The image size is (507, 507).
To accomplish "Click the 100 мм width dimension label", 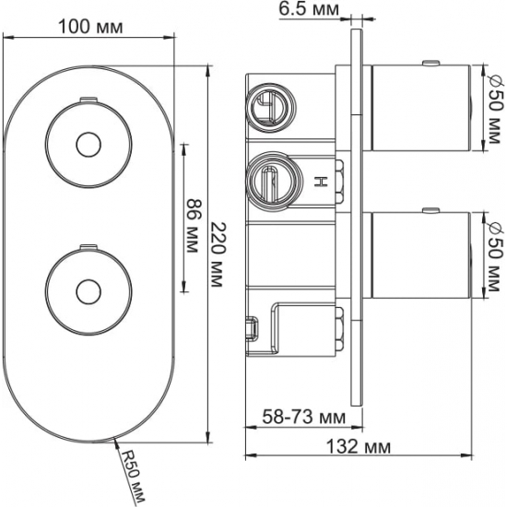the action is coord(90,27).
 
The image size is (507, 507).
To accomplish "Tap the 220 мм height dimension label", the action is coord(217,254).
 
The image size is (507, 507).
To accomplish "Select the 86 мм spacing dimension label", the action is coord(193,227).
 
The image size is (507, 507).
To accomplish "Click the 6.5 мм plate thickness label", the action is coord(309,8).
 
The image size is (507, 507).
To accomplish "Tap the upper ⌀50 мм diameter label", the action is coord(495,109).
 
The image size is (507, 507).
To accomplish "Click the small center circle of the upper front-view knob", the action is coord(88,145).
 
